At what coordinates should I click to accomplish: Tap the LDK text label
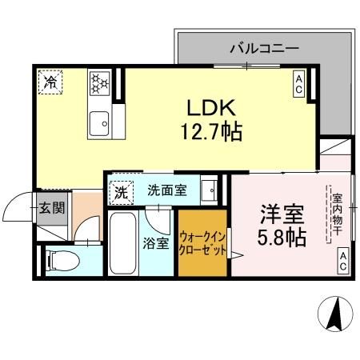211,107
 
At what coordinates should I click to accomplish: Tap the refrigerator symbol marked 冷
50,82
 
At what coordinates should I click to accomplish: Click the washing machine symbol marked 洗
120,192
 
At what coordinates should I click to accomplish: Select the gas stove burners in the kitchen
101,82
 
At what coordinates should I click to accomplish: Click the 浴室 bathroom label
157,242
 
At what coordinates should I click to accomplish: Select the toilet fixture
60,259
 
